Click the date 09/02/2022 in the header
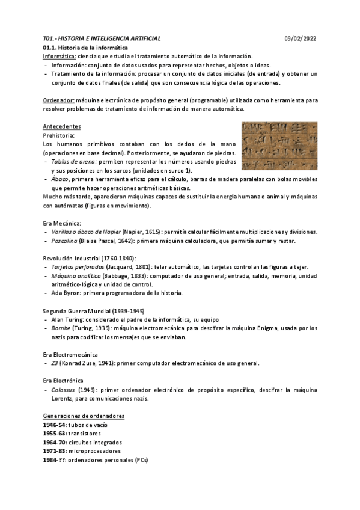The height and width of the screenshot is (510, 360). pos(301,38)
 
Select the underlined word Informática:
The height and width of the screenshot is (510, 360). pos(59,56)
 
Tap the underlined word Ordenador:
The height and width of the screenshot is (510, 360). pos(59,100)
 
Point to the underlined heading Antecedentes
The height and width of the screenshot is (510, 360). pos(62,127)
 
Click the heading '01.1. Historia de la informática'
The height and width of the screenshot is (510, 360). pos(85,48)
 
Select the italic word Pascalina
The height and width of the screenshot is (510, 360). pos(68,241)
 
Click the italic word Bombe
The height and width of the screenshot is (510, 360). pos(61,328)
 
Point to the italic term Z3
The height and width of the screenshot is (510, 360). pos(55,363)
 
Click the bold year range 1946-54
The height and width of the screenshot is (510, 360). pos(55,425)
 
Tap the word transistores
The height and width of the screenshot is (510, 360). pos(85,434)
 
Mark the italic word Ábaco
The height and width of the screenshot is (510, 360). pos(59,179)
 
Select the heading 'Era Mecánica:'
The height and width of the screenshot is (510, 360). pos(63,223)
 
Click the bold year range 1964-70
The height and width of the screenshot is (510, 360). pos(55,443)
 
